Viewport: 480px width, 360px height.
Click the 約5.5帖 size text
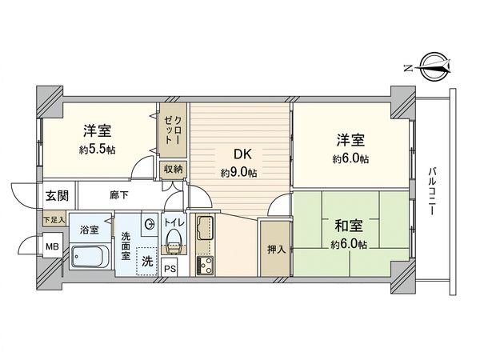[x=98, y=150]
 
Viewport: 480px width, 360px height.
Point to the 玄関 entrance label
[x=56, y=195]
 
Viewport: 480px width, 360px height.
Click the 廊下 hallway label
[x=117, y=194]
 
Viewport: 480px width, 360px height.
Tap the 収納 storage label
[x=174, y=169]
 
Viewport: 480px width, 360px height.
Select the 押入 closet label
[x=274, y=249]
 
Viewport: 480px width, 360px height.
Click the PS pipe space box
[x=170, y=269]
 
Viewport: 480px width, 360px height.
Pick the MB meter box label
[x=51, y=247]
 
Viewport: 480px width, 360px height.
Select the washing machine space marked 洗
[x=146, y=261]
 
